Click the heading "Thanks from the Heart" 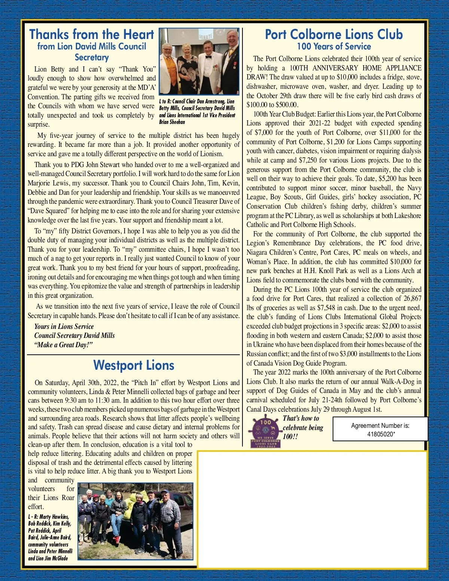coord(92,34)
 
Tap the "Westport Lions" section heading coord(134,365)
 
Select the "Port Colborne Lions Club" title coord(334,34)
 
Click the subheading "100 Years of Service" coord(334,47)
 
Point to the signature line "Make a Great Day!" coord(64,345)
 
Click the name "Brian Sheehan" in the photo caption coord(172,122)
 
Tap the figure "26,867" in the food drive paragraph coord(409,299)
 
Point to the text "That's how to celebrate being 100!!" coord(302,427)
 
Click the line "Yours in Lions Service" coord(64,327)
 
